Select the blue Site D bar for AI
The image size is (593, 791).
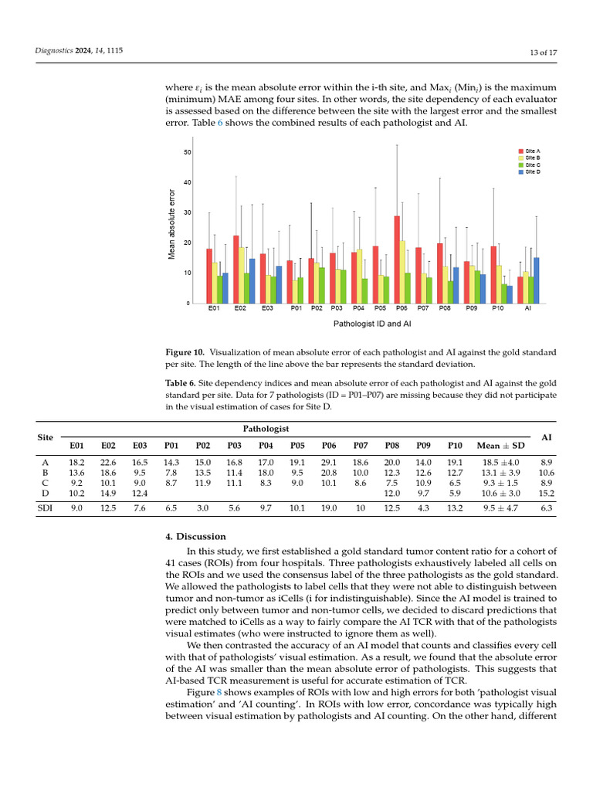point(536,280)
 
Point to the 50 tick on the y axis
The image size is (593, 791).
point(187,152)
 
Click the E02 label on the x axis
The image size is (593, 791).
point(240,309)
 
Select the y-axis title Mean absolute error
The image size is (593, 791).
point(173,224)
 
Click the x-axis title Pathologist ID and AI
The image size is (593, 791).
point(371,324)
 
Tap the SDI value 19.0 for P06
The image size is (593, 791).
point(329,508)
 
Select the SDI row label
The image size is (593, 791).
point(46,508)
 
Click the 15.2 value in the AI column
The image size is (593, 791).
point(546,493)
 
